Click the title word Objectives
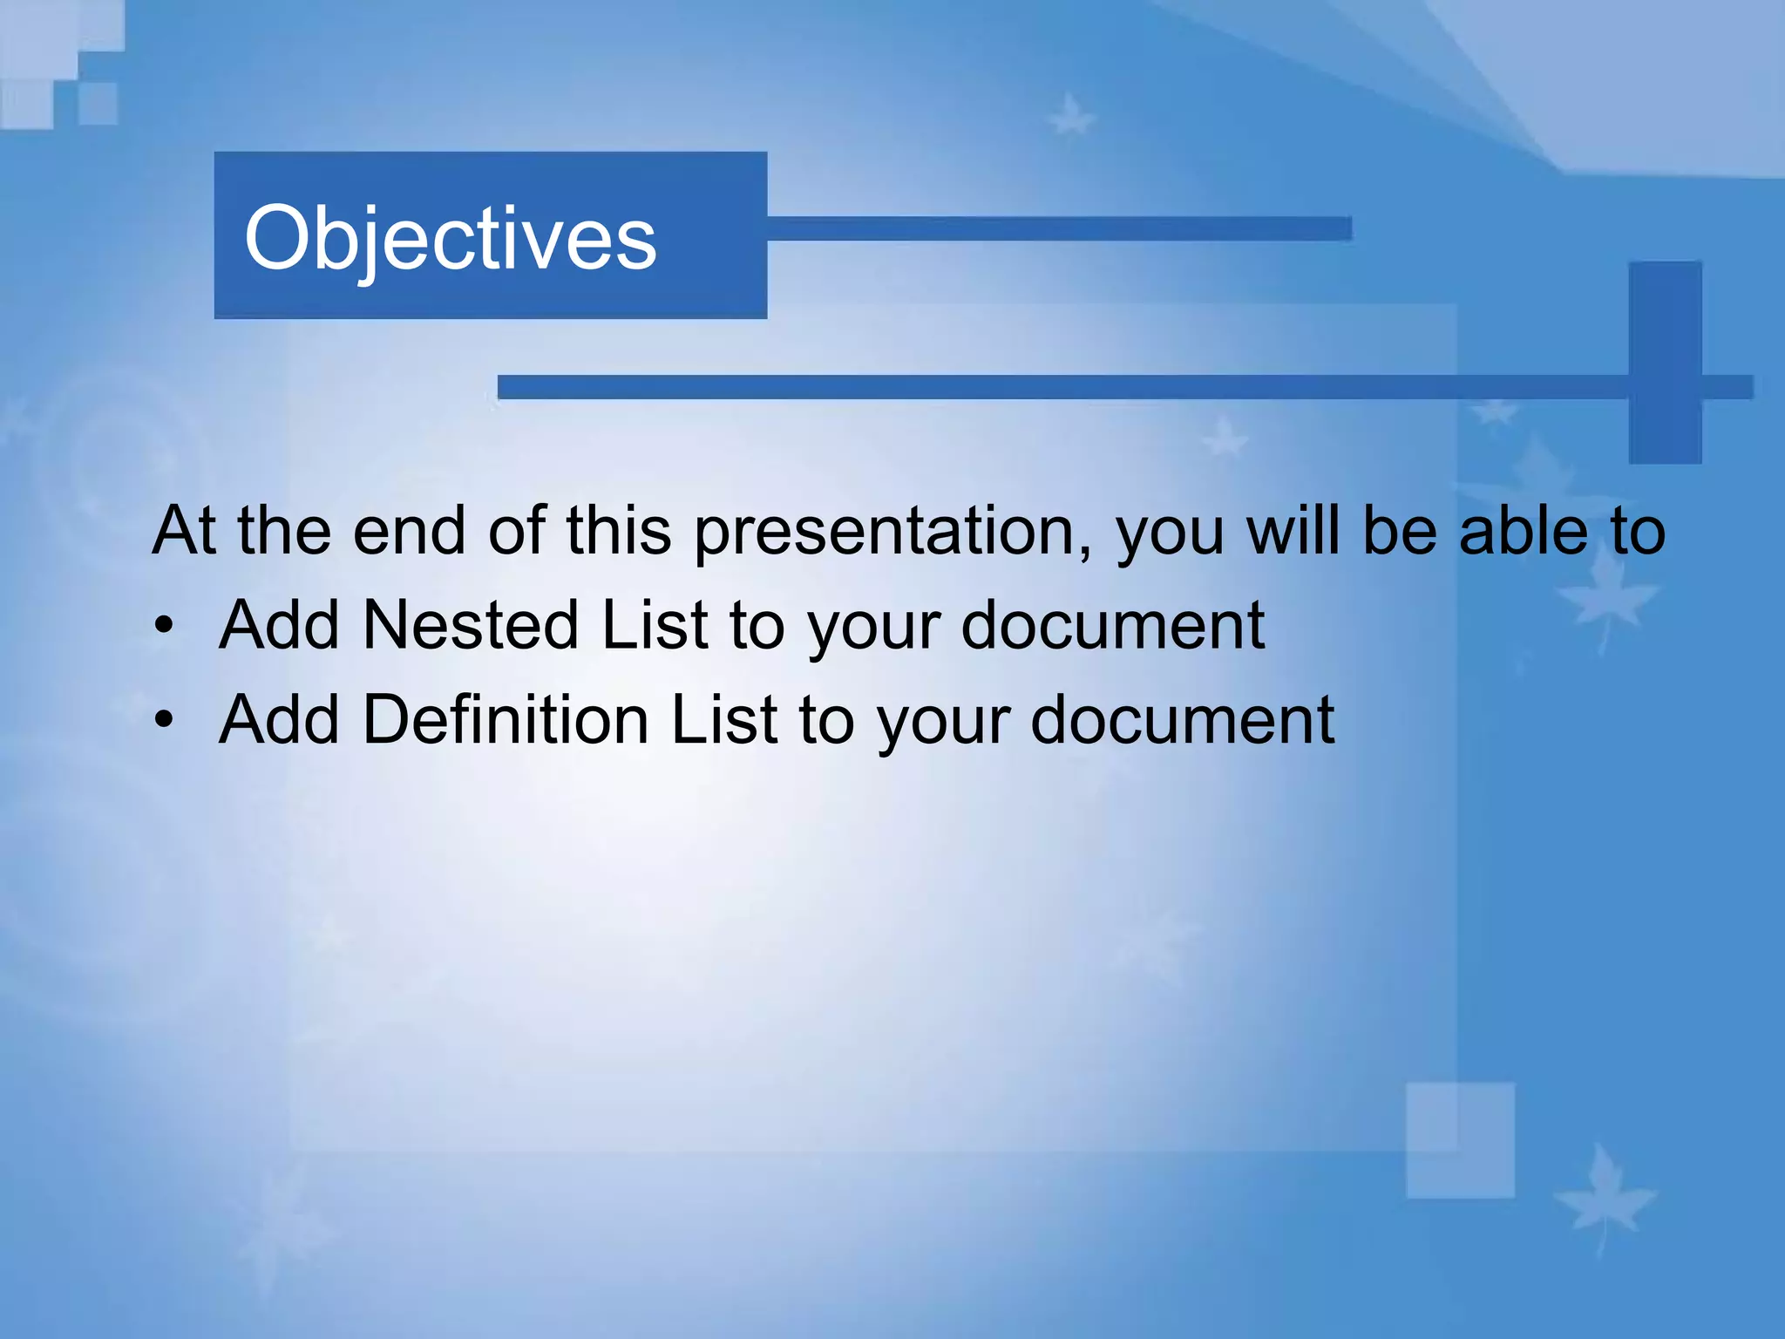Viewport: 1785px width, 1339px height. pyautogui.click(x=450, y=238)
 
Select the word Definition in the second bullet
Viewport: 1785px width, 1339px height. pyautogui.click(x=506, y=720)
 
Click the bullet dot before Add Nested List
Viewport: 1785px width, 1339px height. pyautogui.click(x=164, y=627)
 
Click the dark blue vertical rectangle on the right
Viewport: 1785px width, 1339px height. pyautogui.click(x=1665, y=362)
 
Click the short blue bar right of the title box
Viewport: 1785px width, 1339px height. pyautogui.click(x=1059, y=228)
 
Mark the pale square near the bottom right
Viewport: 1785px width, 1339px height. pyautogui.click(x=1460, y=1140)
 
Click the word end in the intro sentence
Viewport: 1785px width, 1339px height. pyautogui.click(x=409, y=531)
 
